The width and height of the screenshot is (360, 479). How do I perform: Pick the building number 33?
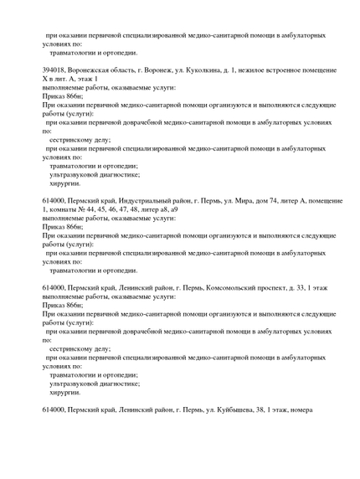pos(297,287)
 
